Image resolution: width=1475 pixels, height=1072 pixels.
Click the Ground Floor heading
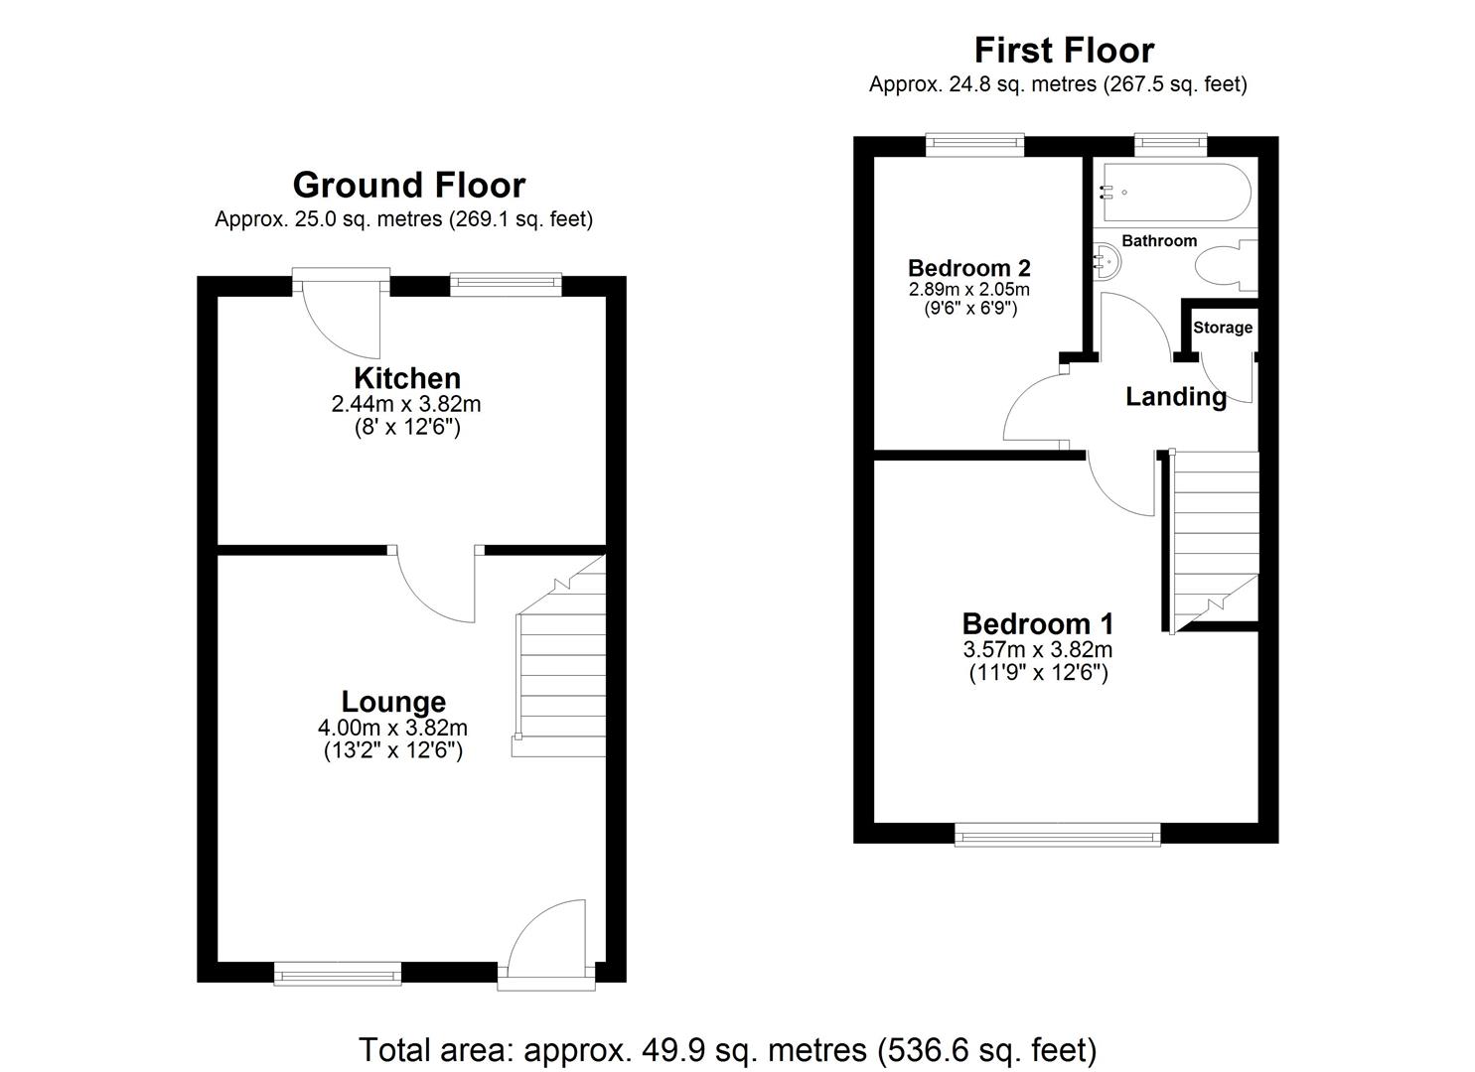point(408,186)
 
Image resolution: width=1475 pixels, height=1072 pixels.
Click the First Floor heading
point(1064,50)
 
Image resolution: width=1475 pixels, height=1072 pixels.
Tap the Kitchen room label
point(407,378)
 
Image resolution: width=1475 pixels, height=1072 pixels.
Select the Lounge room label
point(393,702)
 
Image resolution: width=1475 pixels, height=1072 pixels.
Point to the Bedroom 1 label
point(1038,624)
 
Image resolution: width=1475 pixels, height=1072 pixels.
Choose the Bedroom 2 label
point(968,268)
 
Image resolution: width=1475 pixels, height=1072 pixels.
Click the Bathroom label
point(1159,241)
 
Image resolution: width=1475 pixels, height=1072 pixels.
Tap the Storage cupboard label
point(1223,328)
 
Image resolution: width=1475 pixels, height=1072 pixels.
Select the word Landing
point(1176,397)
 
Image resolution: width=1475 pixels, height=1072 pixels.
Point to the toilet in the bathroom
point(1224,268)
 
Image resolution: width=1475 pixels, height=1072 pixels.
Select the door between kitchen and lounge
point(435,586)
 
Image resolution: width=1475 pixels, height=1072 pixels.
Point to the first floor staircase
point(1214,536)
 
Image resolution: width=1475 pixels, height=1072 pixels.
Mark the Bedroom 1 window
point(1057,835)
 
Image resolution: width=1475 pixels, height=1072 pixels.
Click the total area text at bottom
point(727,1049)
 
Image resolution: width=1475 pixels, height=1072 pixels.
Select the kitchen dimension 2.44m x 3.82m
point(405,405)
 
